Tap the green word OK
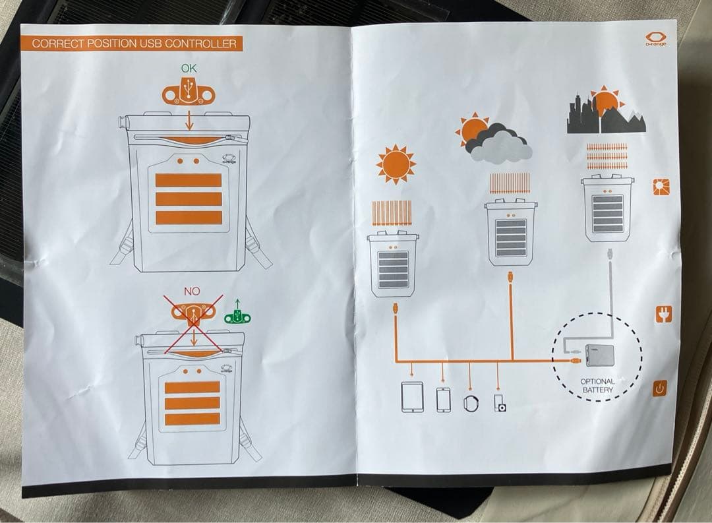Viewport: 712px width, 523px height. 189,68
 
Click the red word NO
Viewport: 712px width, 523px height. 192,291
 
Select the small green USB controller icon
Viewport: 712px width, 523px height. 237,316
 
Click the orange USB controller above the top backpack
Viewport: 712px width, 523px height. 189,93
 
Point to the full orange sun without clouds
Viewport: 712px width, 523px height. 396,164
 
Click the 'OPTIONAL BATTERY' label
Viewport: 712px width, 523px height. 597,386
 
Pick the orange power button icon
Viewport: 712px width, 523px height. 660,388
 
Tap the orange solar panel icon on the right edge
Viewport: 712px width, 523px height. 660,187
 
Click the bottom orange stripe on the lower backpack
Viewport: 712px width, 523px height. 193,419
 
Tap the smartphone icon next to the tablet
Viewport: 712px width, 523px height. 443,399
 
